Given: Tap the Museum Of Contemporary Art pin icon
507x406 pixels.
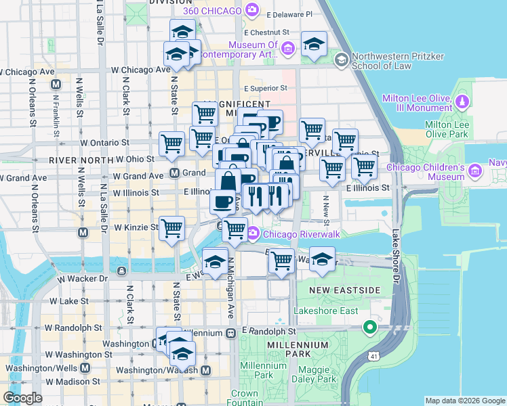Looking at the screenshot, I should click(x=287, y=48).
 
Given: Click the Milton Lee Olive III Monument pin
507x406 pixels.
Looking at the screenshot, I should click(x=462, y=101).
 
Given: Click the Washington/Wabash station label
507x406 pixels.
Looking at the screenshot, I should click(x=157, y=370).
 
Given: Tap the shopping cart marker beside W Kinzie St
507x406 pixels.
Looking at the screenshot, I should click(x=172, y=227).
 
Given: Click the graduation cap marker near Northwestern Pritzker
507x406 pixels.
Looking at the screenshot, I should click(x=314, y=45).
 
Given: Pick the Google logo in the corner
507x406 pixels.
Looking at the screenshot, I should click(x=22, y=398).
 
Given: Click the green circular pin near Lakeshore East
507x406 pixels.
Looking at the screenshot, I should click(x=370, y=328).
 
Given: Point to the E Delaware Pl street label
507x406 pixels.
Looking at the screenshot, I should click(x=289, y=14).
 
